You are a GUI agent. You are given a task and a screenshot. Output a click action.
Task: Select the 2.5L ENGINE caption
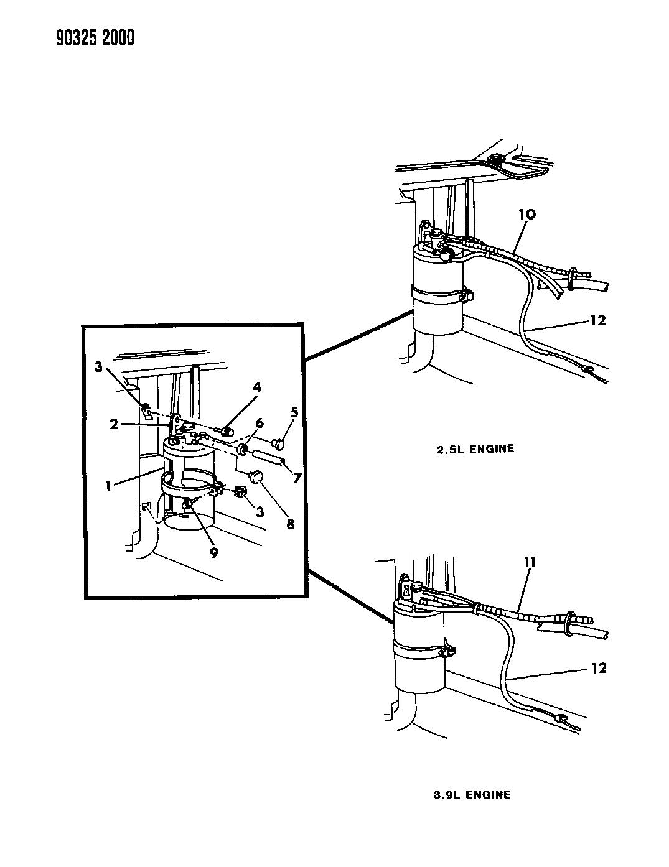coord(475,448)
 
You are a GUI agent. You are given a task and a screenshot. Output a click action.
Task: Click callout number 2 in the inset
coord(113,424)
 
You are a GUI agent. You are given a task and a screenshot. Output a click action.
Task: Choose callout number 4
coord(257,387)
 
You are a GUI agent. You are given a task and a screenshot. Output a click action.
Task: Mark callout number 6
coord(259,423)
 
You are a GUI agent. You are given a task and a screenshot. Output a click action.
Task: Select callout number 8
coord(290,524)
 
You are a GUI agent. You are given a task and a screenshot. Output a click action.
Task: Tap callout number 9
coord(213,552)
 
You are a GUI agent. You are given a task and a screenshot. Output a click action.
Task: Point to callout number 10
coord(526,215)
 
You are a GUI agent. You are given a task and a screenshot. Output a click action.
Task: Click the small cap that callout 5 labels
coord(279,443)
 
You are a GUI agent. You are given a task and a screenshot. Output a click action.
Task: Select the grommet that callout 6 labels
coord(243,448)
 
